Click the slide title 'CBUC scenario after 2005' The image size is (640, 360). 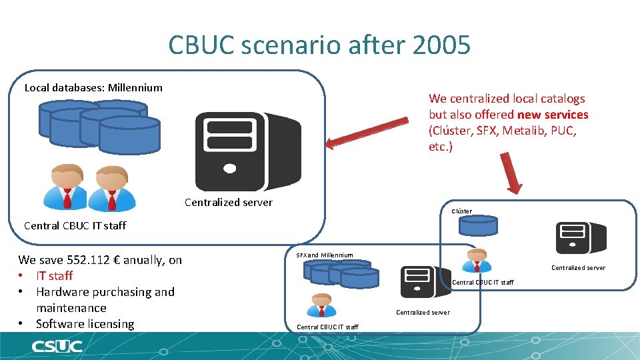[x=319, y=45]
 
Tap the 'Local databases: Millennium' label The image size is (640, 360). [x=93, y=87]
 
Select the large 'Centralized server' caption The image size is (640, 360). [x=229, y=202]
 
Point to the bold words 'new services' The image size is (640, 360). [x=553, y=115]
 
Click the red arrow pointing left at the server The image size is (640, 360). [x=366, y=131]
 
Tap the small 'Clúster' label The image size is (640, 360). [x=461, y=211]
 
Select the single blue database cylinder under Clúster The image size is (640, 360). [x=477, y=226]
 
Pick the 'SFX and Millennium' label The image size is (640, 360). [x=325, y=255]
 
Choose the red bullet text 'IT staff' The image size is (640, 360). [x=54, y=276]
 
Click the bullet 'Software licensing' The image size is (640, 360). [x=85, y=324]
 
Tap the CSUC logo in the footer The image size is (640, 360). [x=57, y=346]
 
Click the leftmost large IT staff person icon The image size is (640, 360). [x=65, y=187]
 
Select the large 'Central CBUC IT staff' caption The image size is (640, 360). [x=75, y=225]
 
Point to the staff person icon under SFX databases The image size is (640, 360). [x=321, y=305]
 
